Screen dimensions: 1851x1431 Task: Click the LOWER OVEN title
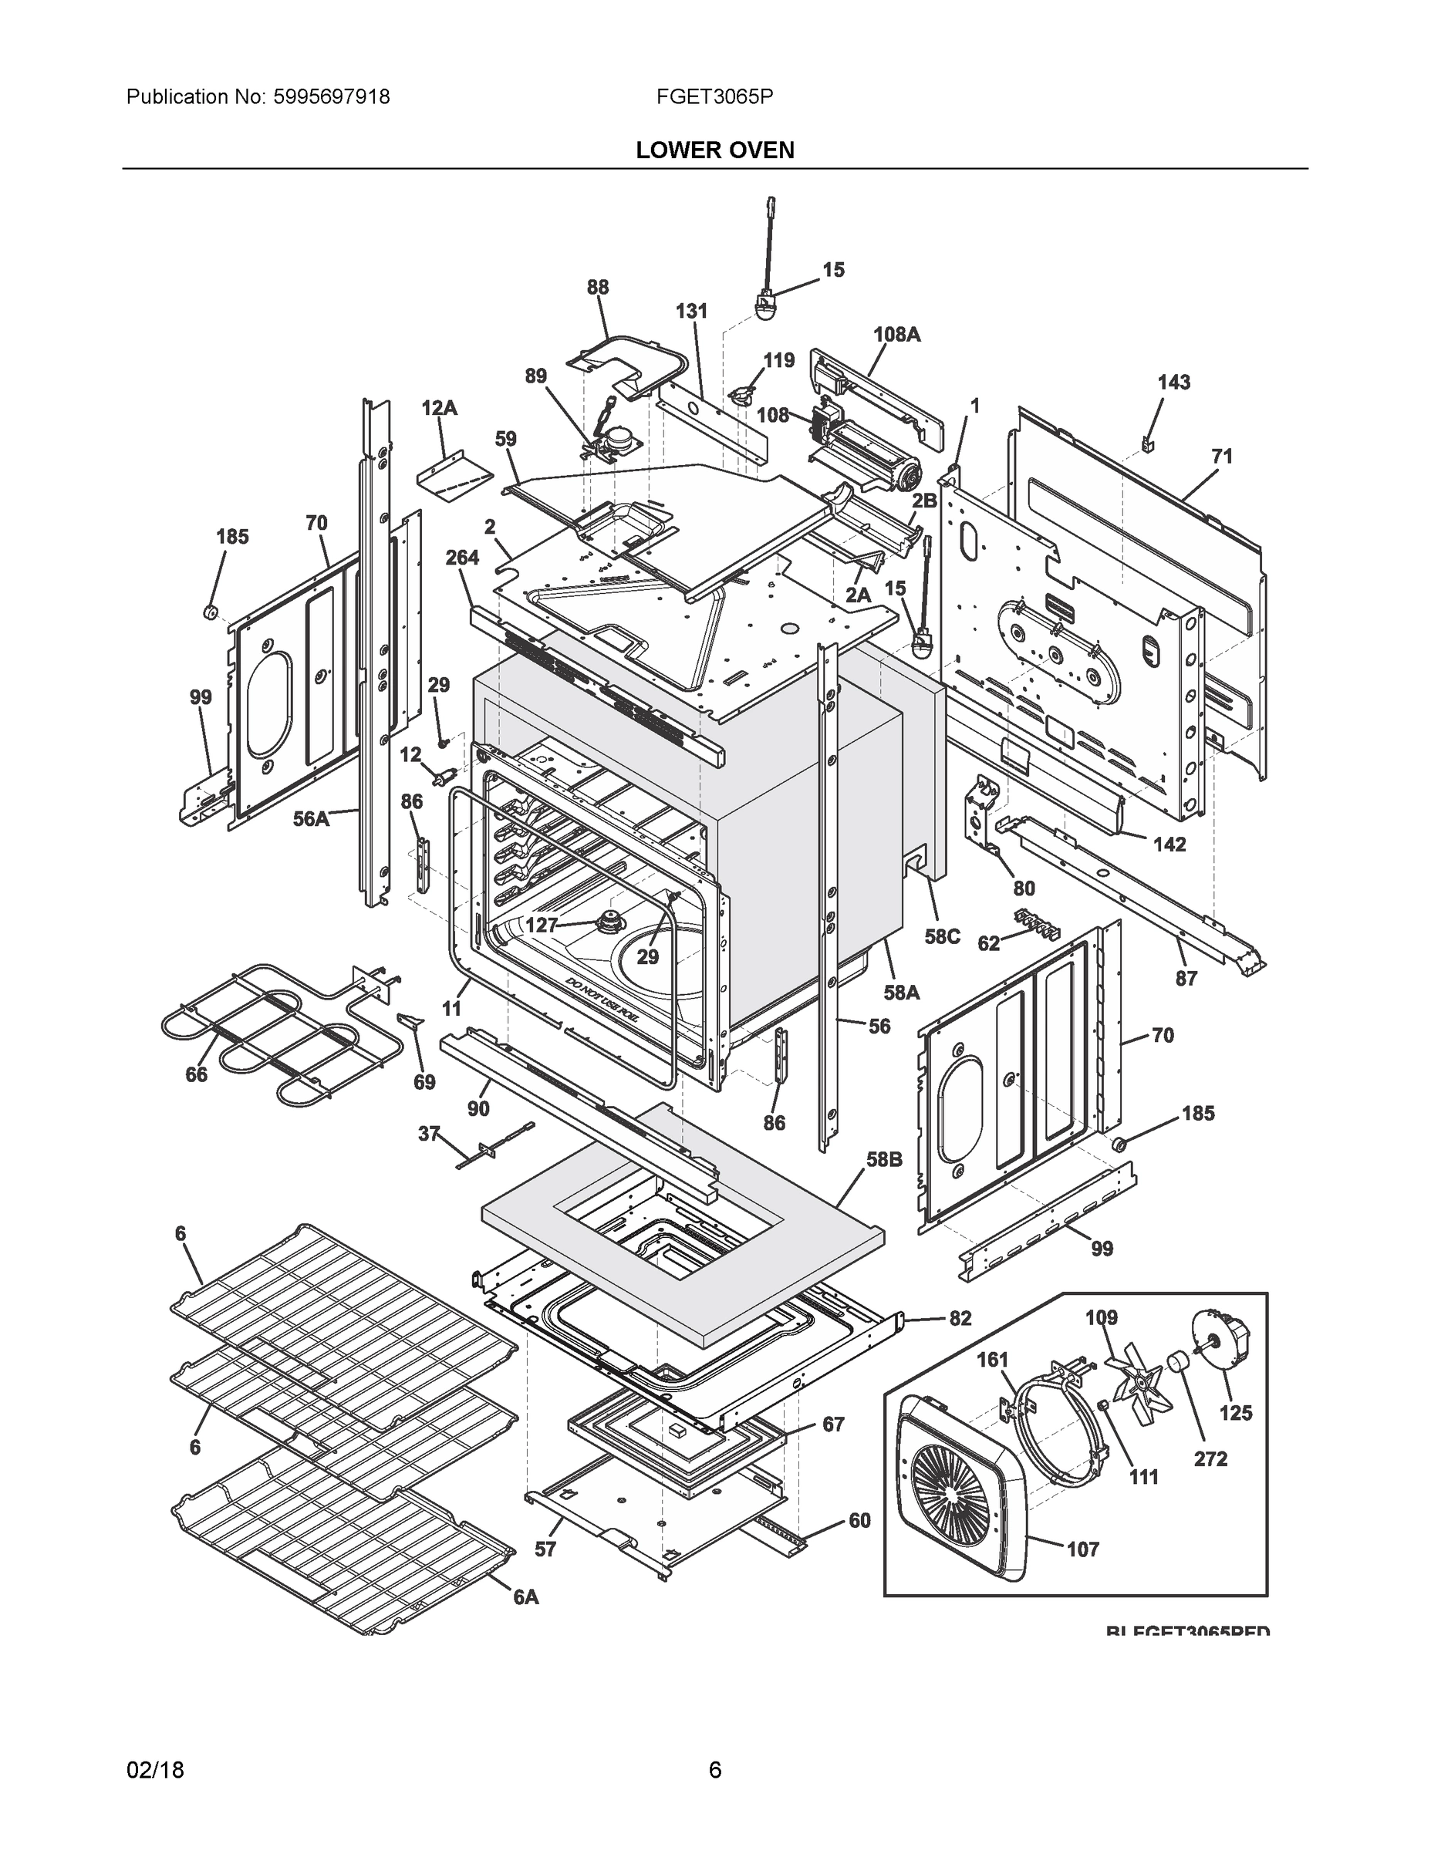714,150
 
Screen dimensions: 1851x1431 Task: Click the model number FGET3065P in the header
714,96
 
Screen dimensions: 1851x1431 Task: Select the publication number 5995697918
332,96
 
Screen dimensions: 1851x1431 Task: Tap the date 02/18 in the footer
155,1770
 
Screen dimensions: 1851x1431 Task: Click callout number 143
1174,383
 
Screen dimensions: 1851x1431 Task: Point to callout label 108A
897,334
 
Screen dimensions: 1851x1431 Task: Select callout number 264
462,558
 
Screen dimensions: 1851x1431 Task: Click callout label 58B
883,1158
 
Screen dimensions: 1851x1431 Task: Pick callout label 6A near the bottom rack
525,1596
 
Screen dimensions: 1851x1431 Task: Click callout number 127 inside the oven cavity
541,925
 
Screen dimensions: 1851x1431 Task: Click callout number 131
691,311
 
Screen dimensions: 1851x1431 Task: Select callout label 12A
439,409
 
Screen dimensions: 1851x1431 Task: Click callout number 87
1185,978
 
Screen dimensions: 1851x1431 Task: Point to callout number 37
429,1133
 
